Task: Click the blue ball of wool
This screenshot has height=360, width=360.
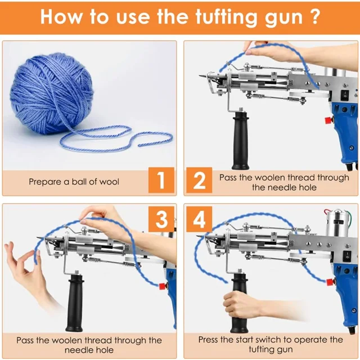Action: [x=51, y=94]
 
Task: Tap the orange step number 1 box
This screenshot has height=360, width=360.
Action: [x=161, y=180]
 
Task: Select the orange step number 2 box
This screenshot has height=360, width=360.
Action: [x=199, y=180]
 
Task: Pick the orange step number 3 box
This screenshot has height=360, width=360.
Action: [x=161, y=219]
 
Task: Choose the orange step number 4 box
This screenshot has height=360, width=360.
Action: [x=199, y=219]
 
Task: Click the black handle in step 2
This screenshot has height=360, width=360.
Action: [x=240, y=141]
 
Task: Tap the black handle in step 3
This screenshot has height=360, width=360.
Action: [x=75, y=303]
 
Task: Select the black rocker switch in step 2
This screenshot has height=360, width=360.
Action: [x=345, y=95]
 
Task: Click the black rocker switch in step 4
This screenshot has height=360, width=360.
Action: [x=347, y=256]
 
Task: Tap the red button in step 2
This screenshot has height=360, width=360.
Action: [x=328, y=120]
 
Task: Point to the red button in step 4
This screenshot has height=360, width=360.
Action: [x=330, y=282]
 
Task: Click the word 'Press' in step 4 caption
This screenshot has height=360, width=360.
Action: [x=208, y=340]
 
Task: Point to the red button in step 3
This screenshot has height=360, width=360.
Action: [x=163, y=286]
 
